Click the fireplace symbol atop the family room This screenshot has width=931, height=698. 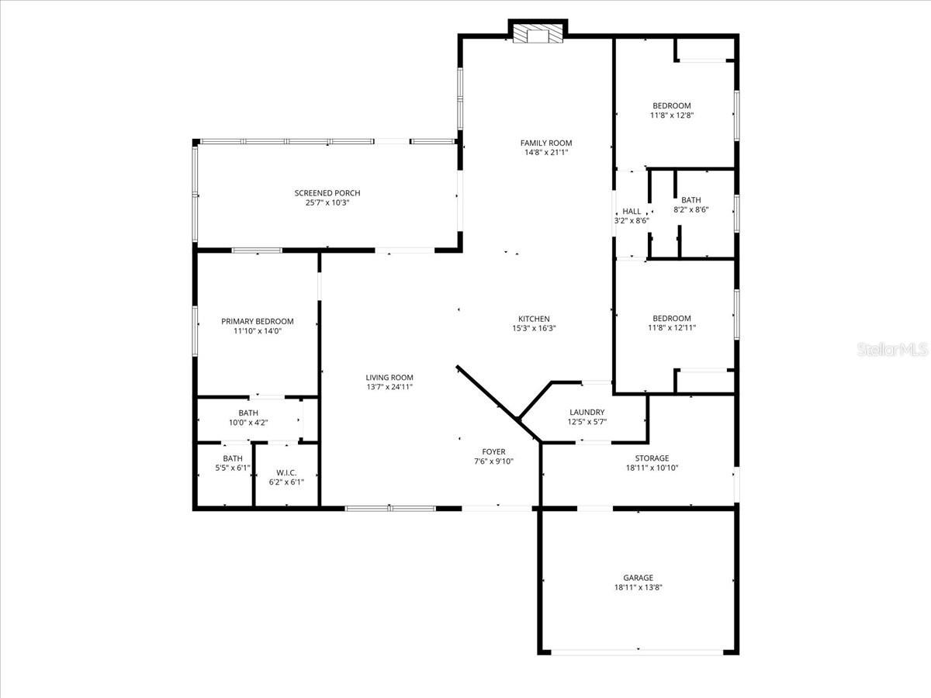click(x=538, y=34)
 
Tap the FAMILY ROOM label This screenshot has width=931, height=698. click(x=545, y=143)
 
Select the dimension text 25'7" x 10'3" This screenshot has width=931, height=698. click(x=327, y=203)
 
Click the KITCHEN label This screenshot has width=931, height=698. click(x=534, y=319)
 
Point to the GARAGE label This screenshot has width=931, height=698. click(x=638, y=578)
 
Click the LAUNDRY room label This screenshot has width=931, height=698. click(x=587, y=413)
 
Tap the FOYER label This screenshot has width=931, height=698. click(x=493, y=451)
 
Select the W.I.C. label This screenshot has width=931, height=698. click(x=286, y=473)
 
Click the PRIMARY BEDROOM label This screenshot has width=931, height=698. click(x=257, y=321)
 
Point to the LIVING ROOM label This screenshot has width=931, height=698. click(x=389, y=378)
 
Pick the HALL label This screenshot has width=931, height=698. click(x=632, y=211)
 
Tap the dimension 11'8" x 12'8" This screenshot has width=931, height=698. click(x=671, y=116)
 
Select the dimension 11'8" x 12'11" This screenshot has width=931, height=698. click(x=671, y=328)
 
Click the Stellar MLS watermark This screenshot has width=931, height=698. click(x=891, y=350)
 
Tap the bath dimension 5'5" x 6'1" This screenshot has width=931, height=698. click(x=233, y=468)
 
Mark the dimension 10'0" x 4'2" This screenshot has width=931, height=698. click(x=248, y=423)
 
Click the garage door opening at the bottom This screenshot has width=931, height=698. click(x=638, y=652)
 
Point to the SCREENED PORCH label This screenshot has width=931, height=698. click(x=327, y=193)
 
